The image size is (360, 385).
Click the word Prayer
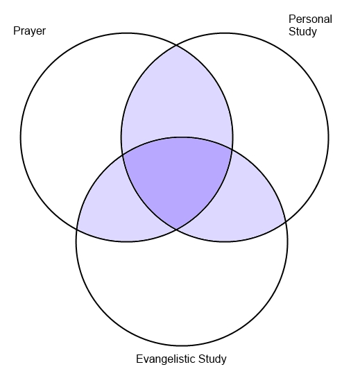click(29, 31)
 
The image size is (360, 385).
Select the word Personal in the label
click(310, 19)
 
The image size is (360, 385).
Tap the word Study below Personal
click(302, 32)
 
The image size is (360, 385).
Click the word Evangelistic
click(166, 359)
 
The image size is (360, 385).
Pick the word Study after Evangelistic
click(212, 359)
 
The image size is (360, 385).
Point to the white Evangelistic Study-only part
click(182, 290)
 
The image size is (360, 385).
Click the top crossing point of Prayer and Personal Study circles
click(176, 45)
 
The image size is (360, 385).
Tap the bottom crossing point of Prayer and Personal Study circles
click(176, 230)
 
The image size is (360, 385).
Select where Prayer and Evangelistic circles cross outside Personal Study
click(77, 230)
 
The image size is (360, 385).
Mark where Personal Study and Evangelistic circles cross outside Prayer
click(286, 222)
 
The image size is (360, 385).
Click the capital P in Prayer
click(17, 31)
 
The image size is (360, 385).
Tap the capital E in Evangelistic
click(139, 359)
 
